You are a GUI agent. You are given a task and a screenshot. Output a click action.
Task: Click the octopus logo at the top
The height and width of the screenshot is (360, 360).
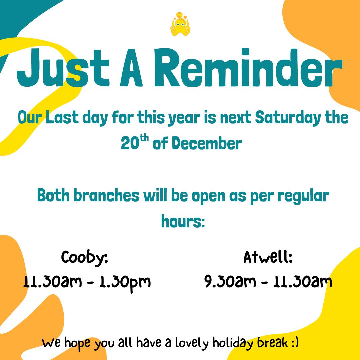[x=180, y=24]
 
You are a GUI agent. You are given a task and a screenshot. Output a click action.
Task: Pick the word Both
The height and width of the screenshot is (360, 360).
[x=54, y=196]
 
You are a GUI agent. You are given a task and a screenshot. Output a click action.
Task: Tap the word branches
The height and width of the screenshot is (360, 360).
[x=106, y=196]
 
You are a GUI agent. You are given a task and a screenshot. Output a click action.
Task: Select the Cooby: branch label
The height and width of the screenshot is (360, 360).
[x=85, y=257]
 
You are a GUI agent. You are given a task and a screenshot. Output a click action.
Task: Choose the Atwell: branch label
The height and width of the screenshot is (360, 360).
[x=268, y=257]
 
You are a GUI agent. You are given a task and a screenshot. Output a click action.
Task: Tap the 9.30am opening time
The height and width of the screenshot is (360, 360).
[x=230, y=282]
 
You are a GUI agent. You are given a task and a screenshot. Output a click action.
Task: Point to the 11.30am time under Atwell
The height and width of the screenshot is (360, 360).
[x=303, y=282]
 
